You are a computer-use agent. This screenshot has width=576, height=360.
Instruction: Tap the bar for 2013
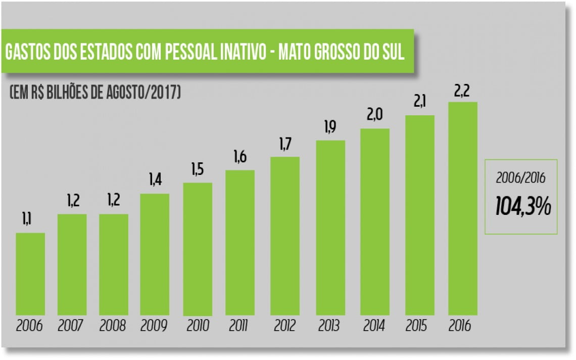(330, 228)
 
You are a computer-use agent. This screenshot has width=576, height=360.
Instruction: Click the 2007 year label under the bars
(71, 325)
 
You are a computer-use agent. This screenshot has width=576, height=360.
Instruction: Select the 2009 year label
(154, 325)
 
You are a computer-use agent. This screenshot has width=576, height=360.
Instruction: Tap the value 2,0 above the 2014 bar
(374, 116)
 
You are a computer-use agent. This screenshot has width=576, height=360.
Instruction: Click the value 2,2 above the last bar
(462, 91)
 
